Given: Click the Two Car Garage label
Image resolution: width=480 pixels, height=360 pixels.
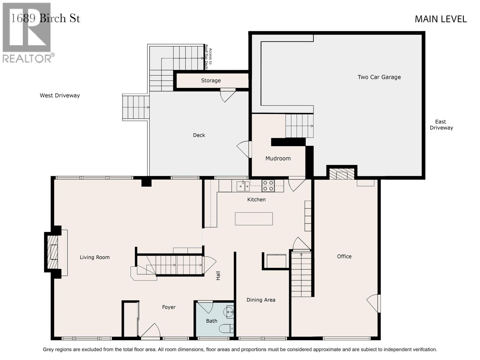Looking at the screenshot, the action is tap(379, 77).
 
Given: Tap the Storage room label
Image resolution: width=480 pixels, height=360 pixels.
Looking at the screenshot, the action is tap(211, 81).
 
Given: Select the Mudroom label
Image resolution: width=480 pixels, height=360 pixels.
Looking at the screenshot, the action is tap(278, 158).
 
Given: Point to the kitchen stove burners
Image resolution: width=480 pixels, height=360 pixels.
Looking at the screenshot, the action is tap(268, 186).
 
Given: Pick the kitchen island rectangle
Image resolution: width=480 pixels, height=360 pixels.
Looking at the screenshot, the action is tap(254, 219).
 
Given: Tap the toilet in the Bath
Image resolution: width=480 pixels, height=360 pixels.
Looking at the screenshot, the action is tap(226, 328).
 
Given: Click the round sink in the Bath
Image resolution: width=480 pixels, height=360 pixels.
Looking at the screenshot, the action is tap(229, 312).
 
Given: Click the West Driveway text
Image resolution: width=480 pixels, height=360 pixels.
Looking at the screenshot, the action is tap(60, 95).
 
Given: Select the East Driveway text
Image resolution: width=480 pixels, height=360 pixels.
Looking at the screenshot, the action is tap(441, 124).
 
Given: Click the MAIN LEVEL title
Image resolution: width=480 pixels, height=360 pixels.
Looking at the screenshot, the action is tap(441, 19).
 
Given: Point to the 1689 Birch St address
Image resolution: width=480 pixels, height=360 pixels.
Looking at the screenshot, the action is tap(46, 18).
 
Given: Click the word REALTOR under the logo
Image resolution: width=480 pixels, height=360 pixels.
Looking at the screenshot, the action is tap(27, 58).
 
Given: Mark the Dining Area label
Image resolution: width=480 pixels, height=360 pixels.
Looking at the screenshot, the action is tap(261, 300).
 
